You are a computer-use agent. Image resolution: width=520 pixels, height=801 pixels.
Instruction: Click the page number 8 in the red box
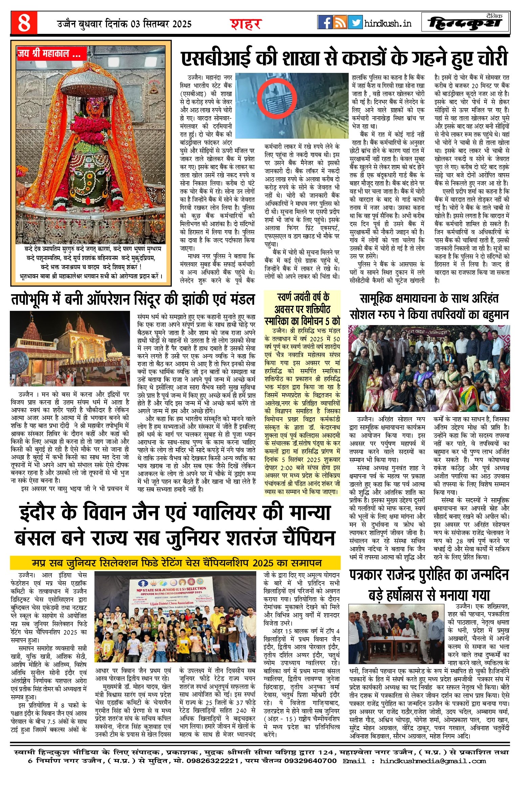[24, 23]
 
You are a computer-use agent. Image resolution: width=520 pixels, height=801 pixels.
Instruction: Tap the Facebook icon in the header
[325, 22]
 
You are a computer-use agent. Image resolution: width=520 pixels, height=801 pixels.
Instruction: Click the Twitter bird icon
[355, 22]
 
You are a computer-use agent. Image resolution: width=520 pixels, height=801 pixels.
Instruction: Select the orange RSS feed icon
[340, 22]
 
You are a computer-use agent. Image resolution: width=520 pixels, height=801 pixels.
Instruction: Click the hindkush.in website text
[388, 23]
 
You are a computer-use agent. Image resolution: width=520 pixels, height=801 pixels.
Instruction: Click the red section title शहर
[246, 24]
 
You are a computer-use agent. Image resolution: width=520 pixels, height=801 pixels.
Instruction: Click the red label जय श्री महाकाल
[49, 54]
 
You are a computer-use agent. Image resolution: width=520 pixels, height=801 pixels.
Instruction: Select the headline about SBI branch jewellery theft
[344, 58]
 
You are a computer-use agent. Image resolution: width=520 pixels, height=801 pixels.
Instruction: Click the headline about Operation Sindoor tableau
[133, 299]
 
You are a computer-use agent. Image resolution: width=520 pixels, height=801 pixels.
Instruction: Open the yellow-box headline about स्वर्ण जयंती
[302, 309]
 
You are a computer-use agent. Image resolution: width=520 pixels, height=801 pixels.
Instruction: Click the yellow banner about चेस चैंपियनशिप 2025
[175, 563]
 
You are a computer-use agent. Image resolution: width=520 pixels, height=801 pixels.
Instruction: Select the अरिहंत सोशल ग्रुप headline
[429, 306]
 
